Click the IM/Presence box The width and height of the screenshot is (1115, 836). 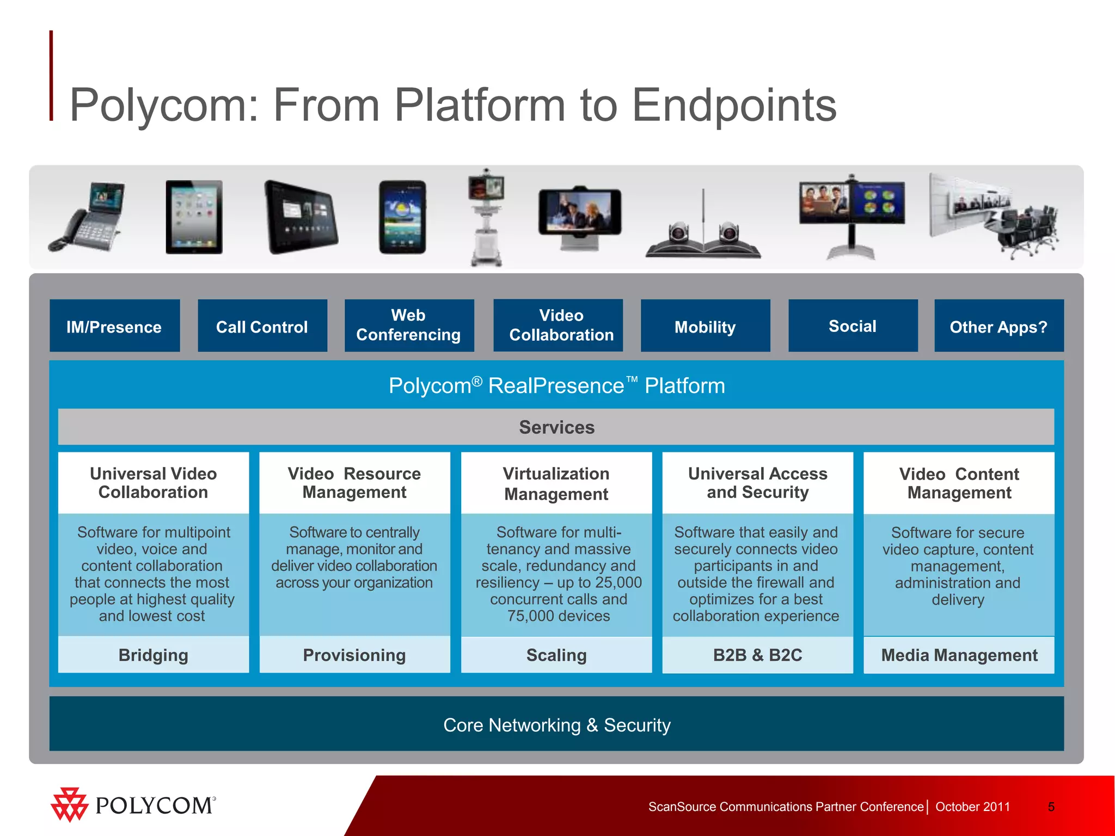[x=114, y=326]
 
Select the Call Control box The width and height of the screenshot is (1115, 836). [x=262, y=326]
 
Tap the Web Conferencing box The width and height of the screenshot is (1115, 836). [x=409, y=325]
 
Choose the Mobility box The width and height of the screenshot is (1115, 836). [x=705, y=326]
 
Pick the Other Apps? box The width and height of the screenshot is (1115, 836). [x=998, y=326]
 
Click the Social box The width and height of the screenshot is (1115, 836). [x=853, y=325]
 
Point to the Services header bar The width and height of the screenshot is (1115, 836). [x=556, y=427]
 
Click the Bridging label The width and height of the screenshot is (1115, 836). [x=154, y=655]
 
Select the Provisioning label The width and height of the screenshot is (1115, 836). [x=354, y=655]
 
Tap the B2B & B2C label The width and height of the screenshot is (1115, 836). [x=757, y=655]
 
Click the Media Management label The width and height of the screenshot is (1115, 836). [x=959, y=655]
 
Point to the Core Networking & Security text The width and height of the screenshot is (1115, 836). [x=556, y=725]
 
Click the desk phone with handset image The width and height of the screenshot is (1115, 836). [x=87, y=218]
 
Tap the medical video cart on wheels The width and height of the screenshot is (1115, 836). [x=486, y=218]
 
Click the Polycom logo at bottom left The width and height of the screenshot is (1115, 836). [x=133, y=804]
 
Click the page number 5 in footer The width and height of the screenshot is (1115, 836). [x=1051, y=807]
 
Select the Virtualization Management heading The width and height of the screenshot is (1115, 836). [x=556, y=483]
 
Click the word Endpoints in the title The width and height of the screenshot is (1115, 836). [x=733, y=105]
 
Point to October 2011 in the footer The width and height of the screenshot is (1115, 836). [x=972, y=807]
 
